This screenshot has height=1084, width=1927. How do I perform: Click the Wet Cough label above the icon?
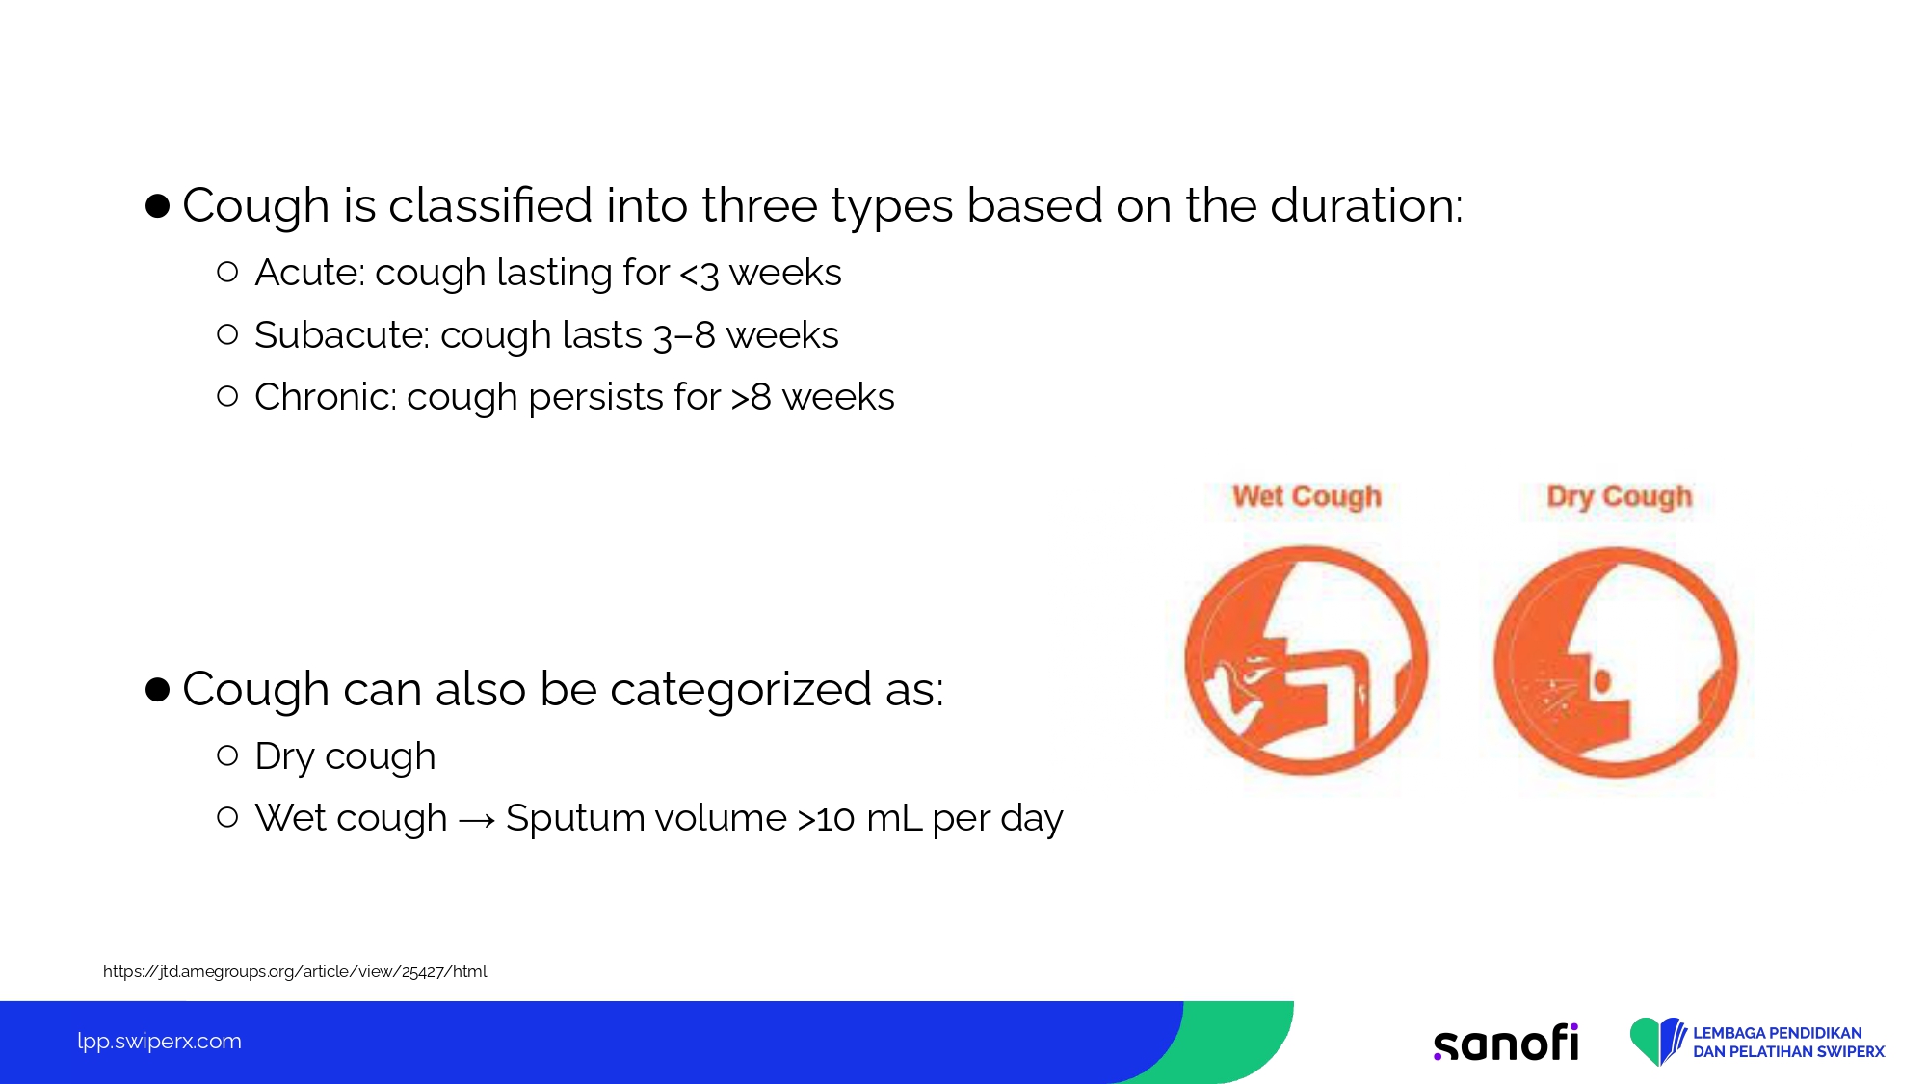pos(1307,496)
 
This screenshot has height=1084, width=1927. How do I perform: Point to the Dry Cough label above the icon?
pos(1619,496)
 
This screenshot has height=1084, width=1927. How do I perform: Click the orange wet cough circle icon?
pos(1307,661)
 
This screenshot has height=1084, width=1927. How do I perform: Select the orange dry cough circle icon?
pos(1616,662)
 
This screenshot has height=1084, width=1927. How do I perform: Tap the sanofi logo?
pos(1506,1043)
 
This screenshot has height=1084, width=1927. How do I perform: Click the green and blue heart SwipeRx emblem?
pos(1657,1042)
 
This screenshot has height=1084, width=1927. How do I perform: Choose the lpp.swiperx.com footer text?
pos(159,1042)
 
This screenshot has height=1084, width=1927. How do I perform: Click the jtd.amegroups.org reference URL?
pos(295,971)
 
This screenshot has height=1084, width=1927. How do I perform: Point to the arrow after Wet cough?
pos(477,820)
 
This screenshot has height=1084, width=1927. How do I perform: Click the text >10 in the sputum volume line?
pos(826,819)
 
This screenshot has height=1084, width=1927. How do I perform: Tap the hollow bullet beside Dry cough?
pos(227,755)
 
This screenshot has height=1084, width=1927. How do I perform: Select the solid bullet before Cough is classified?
pos(157,205)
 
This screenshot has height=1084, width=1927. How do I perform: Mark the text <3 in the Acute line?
pos(700,274)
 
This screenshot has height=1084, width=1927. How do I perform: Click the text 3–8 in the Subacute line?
pos(684,336)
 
